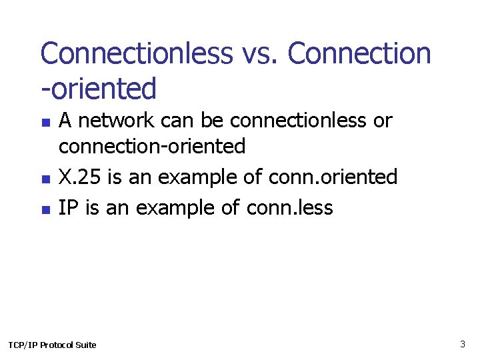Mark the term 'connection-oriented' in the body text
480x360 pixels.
[x=152, y=145]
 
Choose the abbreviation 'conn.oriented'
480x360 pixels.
[x=333, y=177]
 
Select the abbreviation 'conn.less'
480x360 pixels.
[x=289, y=207]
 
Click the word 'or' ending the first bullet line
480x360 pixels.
[x=383, y=121]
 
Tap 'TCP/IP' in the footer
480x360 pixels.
[x=23, y=345]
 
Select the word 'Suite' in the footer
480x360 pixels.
[x=85, y=345]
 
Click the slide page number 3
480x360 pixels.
[x=462, y=344]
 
